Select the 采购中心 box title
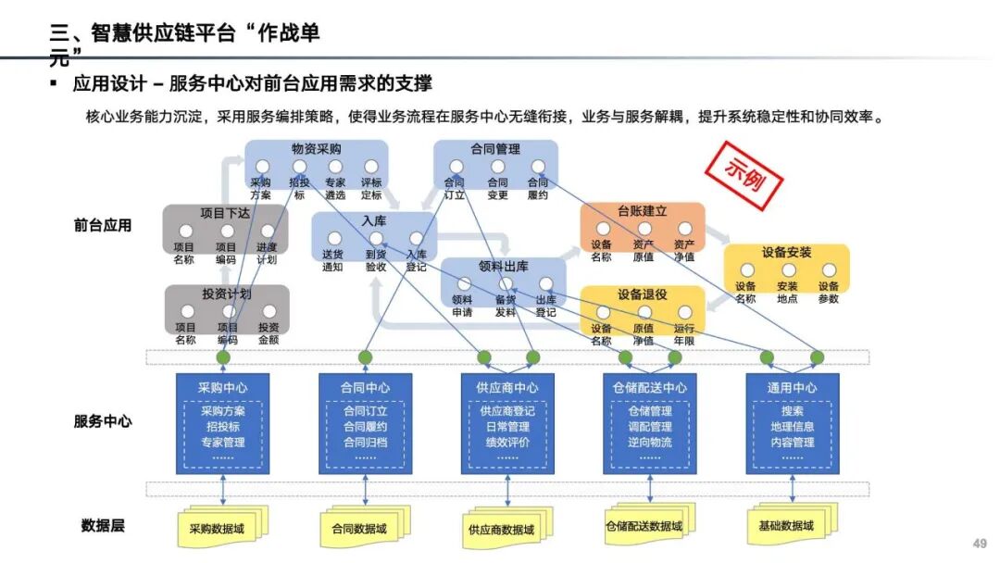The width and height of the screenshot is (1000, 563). click(222, 387)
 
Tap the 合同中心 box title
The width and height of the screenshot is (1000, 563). click(366, 387)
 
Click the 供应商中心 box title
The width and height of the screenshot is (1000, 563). click(507, 387)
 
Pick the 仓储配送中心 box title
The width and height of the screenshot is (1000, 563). click(650, 387)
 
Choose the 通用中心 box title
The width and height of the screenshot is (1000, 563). click(793, 387)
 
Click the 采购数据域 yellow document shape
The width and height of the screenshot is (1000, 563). click(221, 529)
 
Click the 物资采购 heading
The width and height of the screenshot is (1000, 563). click(316, 148)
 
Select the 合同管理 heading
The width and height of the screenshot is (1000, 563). click(495, 148)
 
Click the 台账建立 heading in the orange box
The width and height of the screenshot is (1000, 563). click(643, 211)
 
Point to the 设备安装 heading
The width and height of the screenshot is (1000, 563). click(787, 252)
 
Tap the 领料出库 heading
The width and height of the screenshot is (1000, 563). click(503, 267)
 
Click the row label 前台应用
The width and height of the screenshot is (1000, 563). click(103, 225)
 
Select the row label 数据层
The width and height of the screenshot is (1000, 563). click(103, 526)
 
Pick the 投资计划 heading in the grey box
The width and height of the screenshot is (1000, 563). click(227, 294)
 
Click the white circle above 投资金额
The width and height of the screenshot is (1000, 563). click(269, 312)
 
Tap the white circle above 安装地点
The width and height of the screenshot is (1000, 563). click(788, 270)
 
